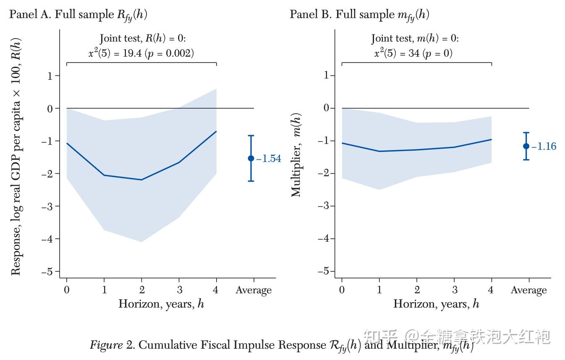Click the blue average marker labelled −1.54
(251, 158)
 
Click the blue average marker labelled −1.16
(526, 146)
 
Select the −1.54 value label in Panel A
(269, 159)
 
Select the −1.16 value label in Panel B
(544, 146)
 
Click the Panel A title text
(78, 15)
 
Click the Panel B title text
(359, 15)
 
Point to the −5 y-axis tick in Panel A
(50, 271)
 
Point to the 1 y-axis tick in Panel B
(326, 76)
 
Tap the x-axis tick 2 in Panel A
(142, 290)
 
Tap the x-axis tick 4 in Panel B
(492, 290)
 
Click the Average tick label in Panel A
(254, 290)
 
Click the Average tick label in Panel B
(529, 290)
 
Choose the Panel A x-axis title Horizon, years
(161, 304)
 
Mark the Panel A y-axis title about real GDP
(16, 156)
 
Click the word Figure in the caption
(106, 345)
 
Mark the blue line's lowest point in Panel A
(141, 180)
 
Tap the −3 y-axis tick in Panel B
(324, 206)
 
